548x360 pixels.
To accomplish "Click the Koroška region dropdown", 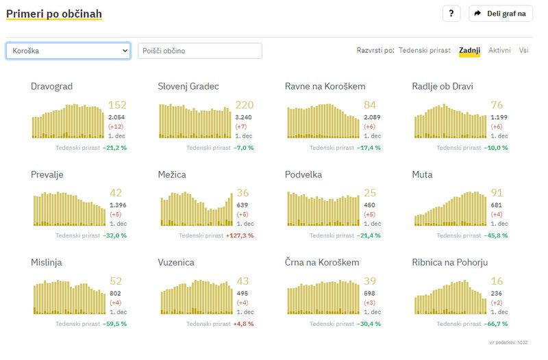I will click(68, 51).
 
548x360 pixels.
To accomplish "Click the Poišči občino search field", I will click(199, 51).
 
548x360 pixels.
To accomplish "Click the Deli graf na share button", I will click(501, 14).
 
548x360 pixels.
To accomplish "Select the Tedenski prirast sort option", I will click(425, 50).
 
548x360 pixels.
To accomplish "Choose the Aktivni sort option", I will click(499, 50).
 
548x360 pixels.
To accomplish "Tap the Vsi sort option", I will click(523, 50).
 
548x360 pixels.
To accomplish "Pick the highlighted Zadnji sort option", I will click(470, 50).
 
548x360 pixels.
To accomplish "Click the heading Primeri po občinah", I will click(54, 14).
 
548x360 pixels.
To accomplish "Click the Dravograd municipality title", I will click(52, 86).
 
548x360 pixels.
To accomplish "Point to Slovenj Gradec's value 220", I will click(245, 105).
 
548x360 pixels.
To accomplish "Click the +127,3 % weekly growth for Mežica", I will click(240, 235).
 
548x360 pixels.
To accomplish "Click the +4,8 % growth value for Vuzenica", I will click(243, 324).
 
